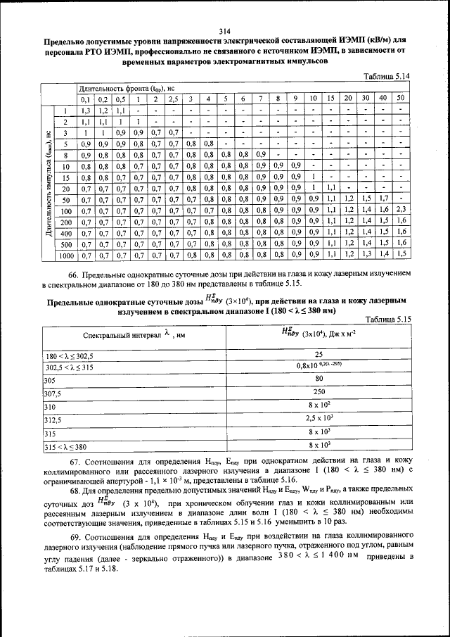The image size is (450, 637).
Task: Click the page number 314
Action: [x=224, y=30]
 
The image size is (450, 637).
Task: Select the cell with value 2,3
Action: [x=401, y=210]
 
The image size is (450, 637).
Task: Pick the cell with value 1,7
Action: [x=383, y=199]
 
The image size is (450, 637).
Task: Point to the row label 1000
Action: [x=65, y=255]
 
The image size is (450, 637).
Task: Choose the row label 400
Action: [x=65, y=232]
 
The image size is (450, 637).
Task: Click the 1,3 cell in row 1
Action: [x=85, y=111]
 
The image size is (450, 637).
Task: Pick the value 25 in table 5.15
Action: [x=319, y=355]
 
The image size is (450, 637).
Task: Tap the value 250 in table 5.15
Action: [x=319, y=392]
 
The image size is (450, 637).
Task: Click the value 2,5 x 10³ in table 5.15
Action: [x=319, y=420]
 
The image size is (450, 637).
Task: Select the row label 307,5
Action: [x=53, y=393]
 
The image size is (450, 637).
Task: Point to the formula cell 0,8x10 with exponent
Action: [x=319, y=366]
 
